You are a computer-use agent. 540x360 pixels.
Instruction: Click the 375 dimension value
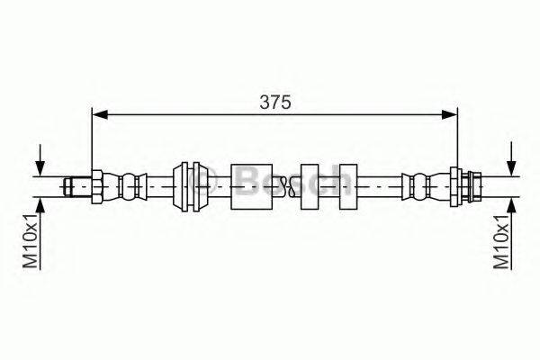coord(275,102)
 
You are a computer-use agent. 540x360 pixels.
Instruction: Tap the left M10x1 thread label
coord(31,241)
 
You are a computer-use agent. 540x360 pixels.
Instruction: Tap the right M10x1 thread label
coord(501,241)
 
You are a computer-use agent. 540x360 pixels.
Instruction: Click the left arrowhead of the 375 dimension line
coord(100,115)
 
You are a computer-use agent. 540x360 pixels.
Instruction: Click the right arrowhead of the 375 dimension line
coord(449,115)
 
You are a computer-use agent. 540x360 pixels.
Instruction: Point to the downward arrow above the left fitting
coord(40,160)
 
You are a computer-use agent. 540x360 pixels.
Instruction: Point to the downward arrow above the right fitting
coord(512,159)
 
